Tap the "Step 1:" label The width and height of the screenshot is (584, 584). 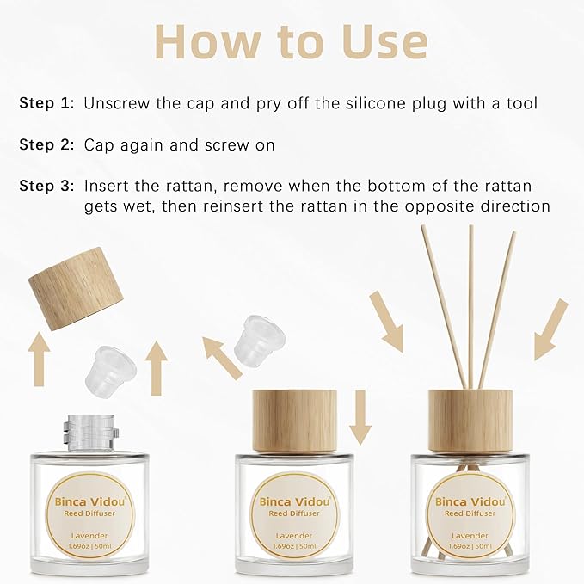click(47, 104)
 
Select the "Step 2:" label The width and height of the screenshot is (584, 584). click(47, 145)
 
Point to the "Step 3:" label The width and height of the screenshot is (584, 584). click(47, 186)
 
